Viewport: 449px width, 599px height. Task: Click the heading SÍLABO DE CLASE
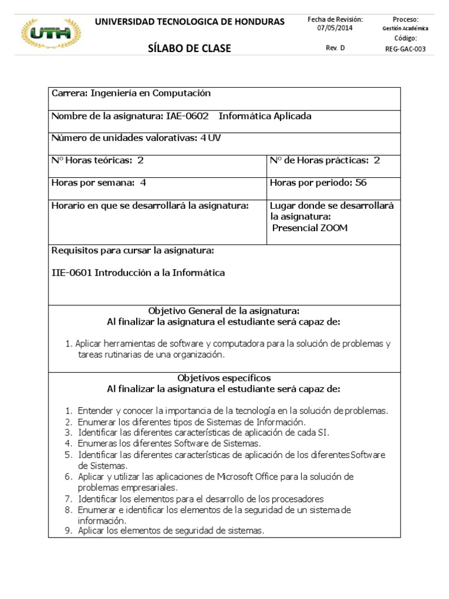click(190, 49)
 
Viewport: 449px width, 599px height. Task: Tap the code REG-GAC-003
click(405, 49)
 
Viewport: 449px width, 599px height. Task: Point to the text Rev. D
click(335, 49)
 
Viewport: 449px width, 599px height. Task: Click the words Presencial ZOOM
click(310, 228)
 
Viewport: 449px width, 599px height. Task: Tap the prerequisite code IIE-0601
click(72, 273)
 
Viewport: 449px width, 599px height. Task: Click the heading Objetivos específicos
click(224, 378)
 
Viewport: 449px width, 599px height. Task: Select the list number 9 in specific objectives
click(68, 531)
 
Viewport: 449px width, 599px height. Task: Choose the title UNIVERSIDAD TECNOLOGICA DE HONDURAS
click(190, 22)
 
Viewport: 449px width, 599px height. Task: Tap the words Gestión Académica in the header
click(405, 29)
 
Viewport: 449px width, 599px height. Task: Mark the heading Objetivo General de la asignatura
click(224, 311)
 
